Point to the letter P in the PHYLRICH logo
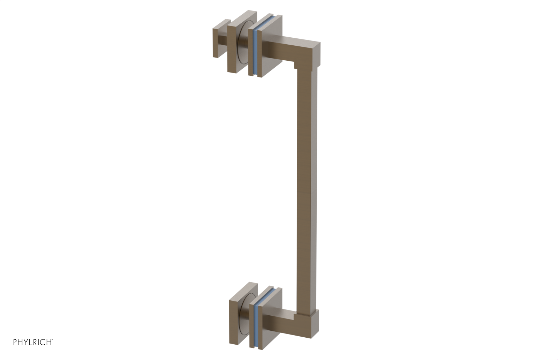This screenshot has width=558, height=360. tap(15, 342)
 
